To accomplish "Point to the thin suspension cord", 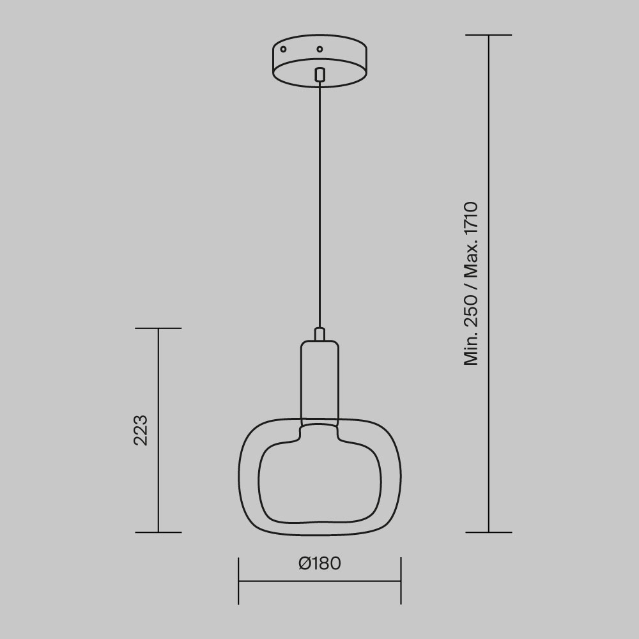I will [319, 204].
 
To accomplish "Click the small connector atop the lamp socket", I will [319, 334].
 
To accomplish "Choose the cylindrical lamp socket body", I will [319, 380].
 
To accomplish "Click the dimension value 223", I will [141, 430].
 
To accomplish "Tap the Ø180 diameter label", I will [319, 564].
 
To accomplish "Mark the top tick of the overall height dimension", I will [489, 35].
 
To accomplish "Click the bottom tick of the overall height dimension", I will [489, 532].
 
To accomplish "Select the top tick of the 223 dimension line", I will [158, 328].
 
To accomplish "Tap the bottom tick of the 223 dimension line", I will [158, 532].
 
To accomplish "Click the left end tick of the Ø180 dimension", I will [239, 581].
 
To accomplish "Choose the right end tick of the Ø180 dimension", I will [401, 581].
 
